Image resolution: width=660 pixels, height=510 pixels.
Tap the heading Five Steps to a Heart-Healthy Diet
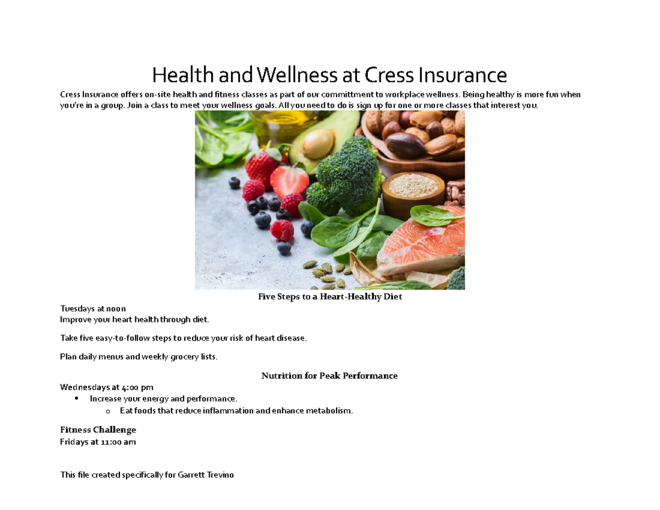coord(330,297)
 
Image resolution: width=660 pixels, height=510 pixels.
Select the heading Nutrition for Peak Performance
coord(329,376)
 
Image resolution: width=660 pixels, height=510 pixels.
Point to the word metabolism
coord(329,411)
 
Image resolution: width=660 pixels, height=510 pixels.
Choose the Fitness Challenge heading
coord(97,429)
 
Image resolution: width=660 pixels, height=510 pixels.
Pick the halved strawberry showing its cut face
coord(291,179)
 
